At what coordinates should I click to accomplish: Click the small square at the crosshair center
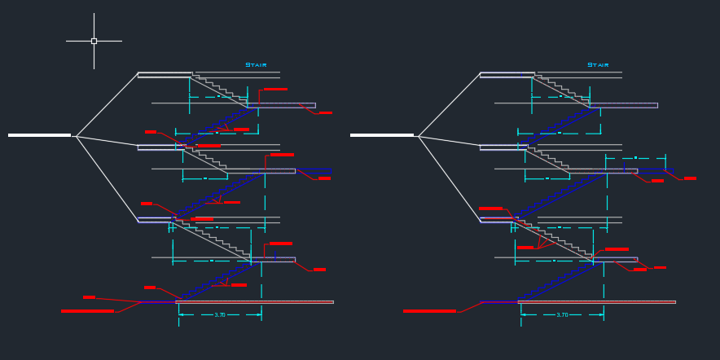click(x=94, y=41)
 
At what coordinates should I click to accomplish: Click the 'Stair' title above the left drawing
click(x=256, y=65)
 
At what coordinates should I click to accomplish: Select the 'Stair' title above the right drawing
click(x=598, y=65)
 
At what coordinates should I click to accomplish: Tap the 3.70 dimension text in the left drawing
click(x=220, y=315)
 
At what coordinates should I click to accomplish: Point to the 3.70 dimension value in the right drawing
click(x=562, y=315)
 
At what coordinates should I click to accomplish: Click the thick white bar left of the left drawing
click(x=39, y=135)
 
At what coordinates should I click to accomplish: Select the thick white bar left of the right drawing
click(x=381, y=135)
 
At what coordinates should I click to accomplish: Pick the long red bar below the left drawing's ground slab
click(x=87, y=311)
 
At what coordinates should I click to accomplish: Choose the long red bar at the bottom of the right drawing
click(x=429, y=311)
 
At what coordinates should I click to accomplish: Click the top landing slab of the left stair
click(x=165, y=75)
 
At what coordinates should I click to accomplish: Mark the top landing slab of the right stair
click(x=507, y=75)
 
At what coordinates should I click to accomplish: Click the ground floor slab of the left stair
click(x=254, y=302)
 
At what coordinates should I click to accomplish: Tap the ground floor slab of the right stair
click(x=596, y=302)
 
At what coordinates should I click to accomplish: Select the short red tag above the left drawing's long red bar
click(x=89, y=297)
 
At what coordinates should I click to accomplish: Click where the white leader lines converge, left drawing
click(x=77, y=136)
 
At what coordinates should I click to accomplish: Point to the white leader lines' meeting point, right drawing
click(x=419, y=136)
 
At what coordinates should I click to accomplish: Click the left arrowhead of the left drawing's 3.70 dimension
click(x=181, y=314)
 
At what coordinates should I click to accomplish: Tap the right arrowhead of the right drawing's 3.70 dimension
click(x=601, y=314)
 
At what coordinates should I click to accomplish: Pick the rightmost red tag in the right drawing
click(x=690, y=178)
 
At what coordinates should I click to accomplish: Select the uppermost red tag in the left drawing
click(x=275, y=90)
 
